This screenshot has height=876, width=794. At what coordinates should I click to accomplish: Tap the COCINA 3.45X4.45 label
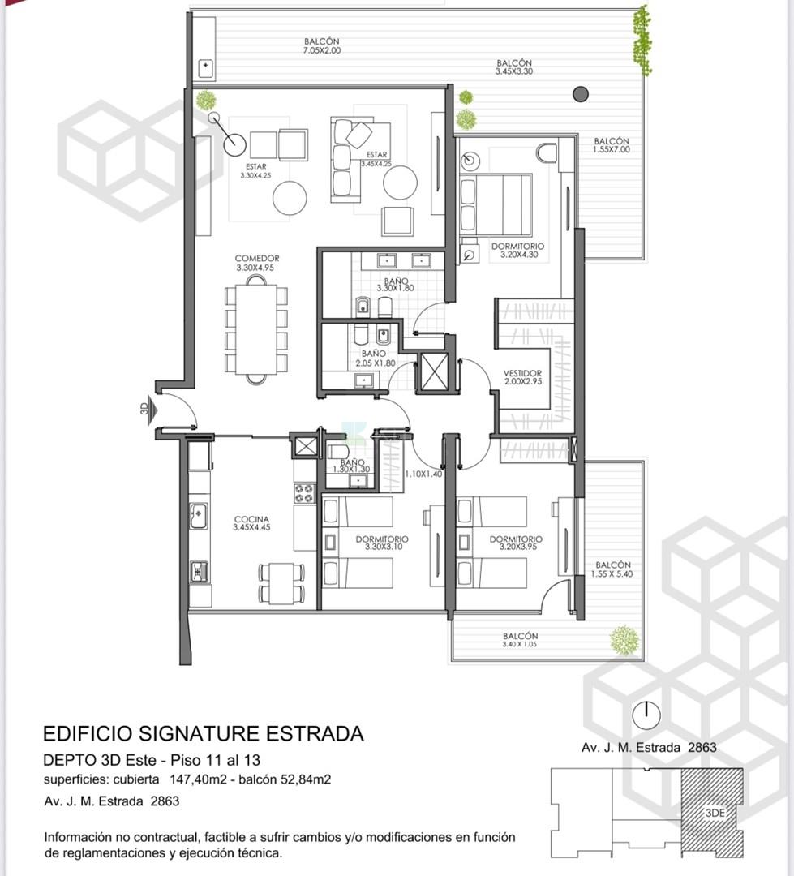click(x=251, y=523)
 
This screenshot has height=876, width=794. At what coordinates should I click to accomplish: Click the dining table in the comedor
click(x=256, y=329)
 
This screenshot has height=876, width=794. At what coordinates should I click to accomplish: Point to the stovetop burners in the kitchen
click(x=304, y=493)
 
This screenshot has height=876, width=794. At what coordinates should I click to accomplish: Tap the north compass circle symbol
click(x=646, y=715)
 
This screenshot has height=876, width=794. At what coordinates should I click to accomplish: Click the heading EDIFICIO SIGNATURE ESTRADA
click(x=204, y=733)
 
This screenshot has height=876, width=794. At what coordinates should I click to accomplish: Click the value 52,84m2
click(x=304, y=779)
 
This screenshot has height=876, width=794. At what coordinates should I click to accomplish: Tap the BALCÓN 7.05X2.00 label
click(x=322, y=45)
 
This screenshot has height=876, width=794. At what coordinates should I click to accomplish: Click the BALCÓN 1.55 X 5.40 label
click(x=613, y=569)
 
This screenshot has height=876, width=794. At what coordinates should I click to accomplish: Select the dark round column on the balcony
click(x=581, y=94)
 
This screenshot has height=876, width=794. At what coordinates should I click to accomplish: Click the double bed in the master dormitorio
click(x=496, y=204)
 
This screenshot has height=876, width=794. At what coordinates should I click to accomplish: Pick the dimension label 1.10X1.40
click(x=423, y=474)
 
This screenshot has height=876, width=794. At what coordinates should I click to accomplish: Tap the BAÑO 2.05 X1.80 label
click(x=375, y=359)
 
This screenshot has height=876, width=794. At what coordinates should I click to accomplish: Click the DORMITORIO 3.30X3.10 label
click(x=382, y=543)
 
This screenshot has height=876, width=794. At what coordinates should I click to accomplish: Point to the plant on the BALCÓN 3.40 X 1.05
click(x=624, y=640)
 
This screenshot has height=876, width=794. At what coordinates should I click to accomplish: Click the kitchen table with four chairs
click(x=281, y=583)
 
